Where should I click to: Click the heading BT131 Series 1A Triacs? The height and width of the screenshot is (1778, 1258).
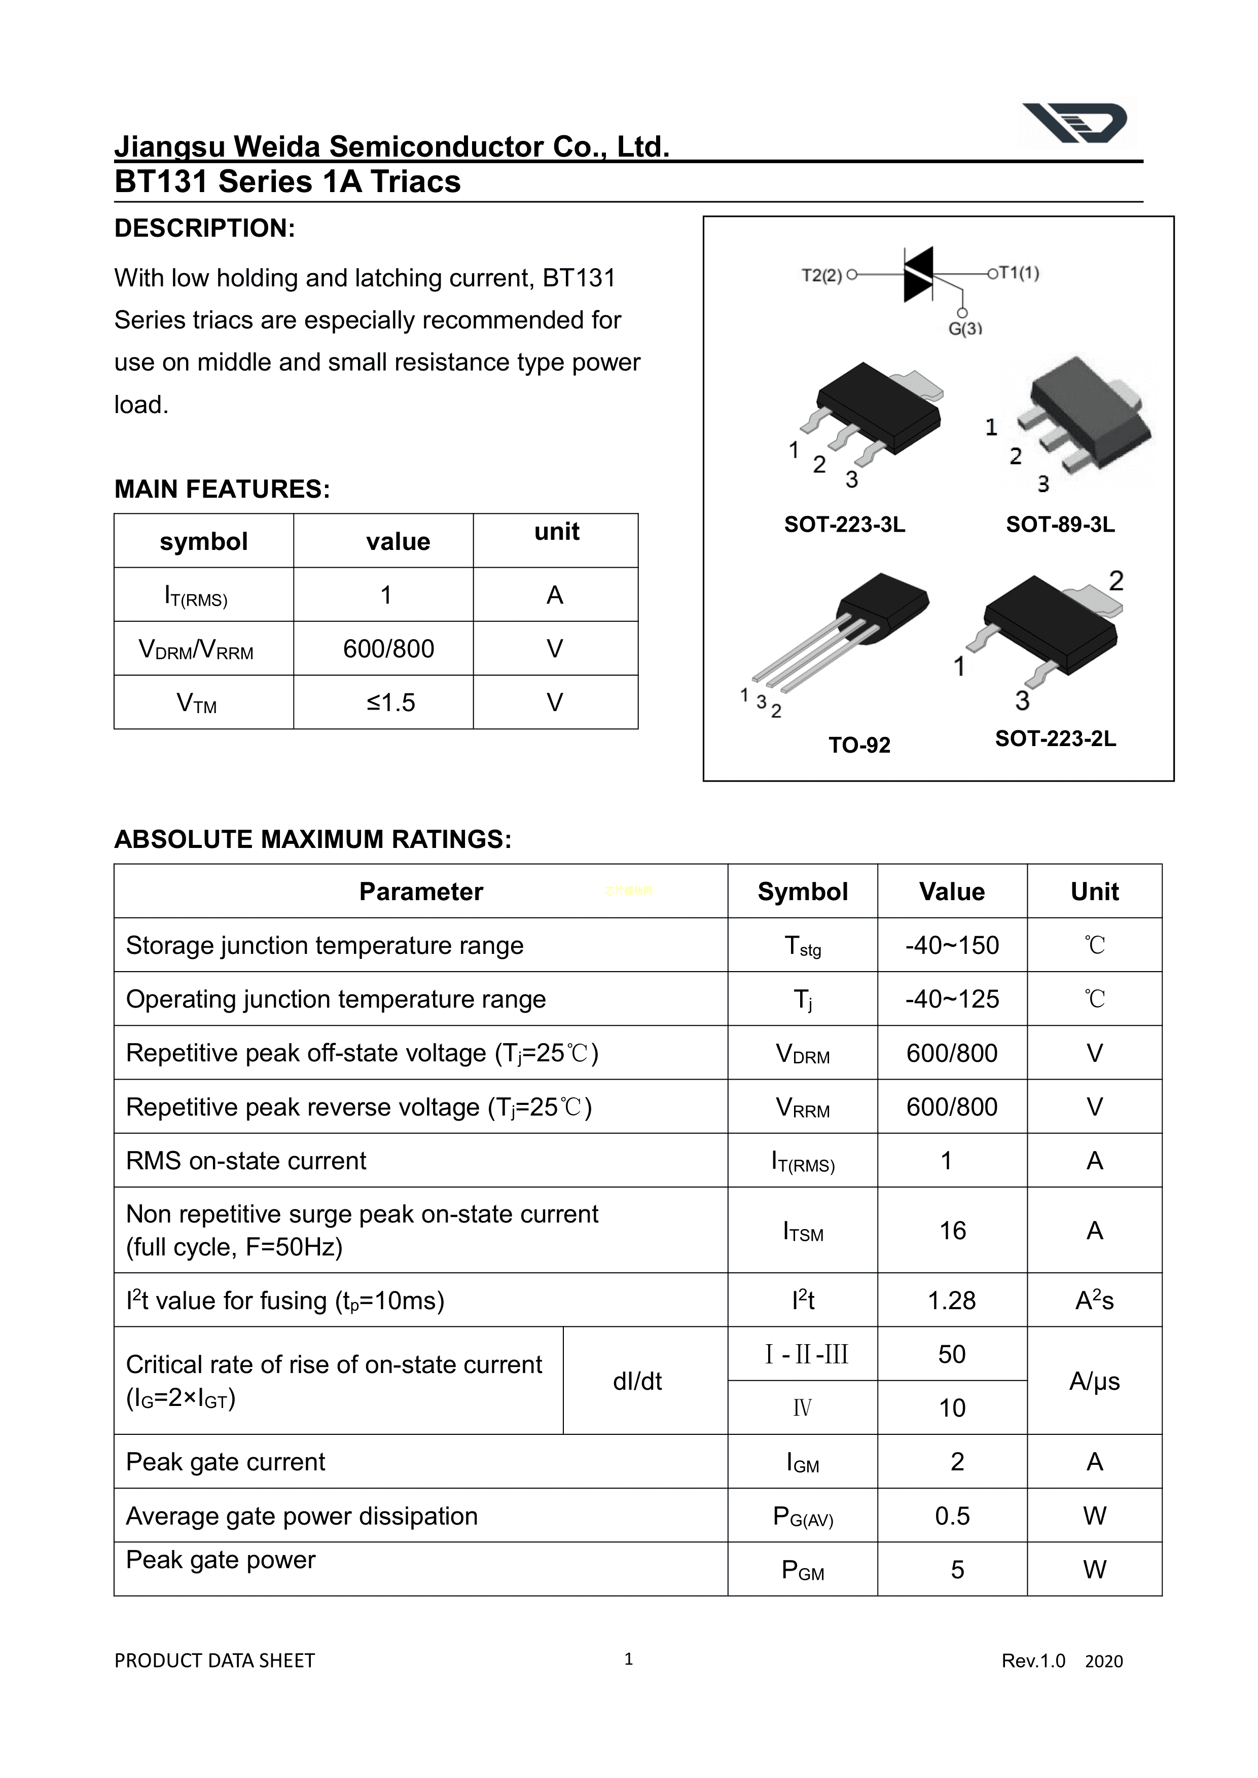(287, 182)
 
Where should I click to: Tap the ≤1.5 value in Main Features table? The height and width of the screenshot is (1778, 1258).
(390, 702)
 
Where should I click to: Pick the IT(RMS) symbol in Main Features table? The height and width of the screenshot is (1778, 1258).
(196, 596)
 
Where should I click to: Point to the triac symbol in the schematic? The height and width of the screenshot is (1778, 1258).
(919, 274)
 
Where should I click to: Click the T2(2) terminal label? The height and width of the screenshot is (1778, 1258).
(821, 275)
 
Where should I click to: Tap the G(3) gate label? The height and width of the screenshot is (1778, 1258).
(965, 328)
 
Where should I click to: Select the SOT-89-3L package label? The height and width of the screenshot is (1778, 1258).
(1060, 525)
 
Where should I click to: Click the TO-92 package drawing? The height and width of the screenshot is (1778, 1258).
(841, 639)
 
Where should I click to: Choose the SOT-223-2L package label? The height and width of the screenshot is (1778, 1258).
(1055, 739)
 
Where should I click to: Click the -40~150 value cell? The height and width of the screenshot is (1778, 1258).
(952, 946)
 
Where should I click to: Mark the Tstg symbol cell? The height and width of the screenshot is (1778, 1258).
(803, 946)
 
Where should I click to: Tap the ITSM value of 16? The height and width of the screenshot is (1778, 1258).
(952, 1231)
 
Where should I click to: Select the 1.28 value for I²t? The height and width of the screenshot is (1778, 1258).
(952, 1300)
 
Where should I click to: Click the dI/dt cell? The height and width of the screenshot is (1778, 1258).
(637, 1381)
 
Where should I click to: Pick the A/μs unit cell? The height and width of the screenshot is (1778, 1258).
(1094, 1381)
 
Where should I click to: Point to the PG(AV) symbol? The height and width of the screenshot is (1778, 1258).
(803, 1516)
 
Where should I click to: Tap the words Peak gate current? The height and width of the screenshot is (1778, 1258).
(226, 1462)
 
